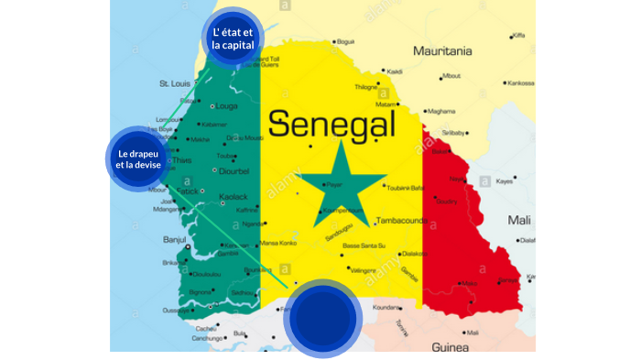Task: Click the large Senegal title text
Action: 331,122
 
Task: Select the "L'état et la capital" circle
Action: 233,39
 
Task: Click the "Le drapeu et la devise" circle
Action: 135,158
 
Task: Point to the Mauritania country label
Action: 442,51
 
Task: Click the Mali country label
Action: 519,220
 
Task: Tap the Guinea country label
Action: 450,347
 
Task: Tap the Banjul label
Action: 174,240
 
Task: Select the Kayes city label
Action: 505,181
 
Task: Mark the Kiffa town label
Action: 519,36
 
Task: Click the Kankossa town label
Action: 520,82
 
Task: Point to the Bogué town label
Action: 345,41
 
